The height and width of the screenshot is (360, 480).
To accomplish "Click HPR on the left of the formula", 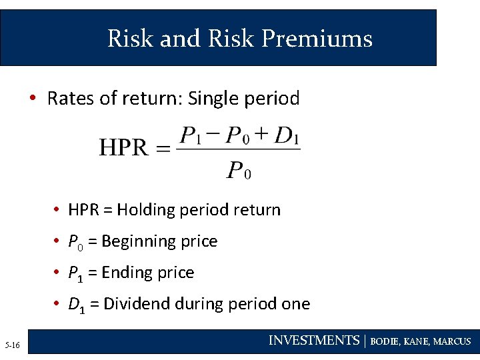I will pyautogui.click(x=123, y=147).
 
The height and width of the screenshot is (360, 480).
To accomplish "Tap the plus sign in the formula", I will pyautogui.click(x=262, y=135).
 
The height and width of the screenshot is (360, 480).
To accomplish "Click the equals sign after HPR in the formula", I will pyautogui.click(x=163, y=149).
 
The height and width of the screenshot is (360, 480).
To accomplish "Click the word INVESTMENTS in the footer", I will pyautogui.click(x=313, y=341).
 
